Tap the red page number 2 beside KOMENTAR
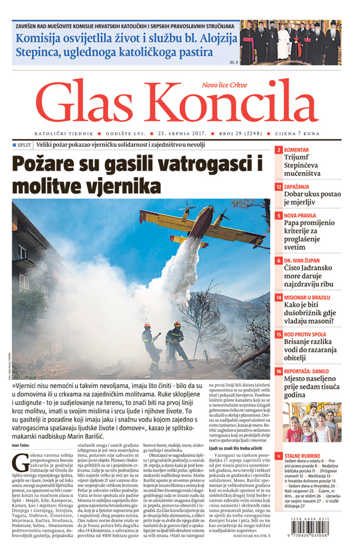tap(279, 151)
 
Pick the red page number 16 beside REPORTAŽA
tap(279, 372)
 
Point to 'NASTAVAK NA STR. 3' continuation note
tap(246, 535)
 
